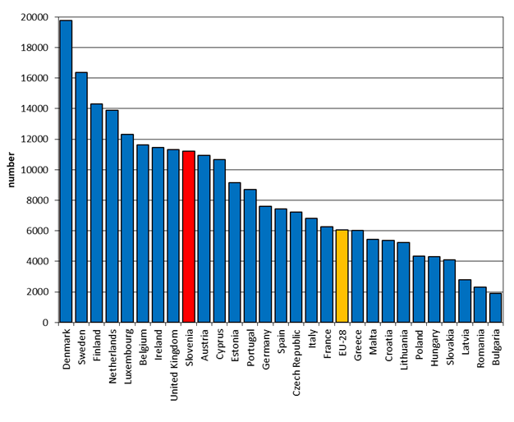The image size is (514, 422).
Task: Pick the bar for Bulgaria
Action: [495, 308]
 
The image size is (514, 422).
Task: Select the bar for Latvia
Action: [465, 300]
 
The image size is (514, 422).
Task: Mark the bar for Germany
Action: [265, 264]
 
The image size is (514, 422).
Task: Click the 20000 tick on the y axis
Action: [32, 17]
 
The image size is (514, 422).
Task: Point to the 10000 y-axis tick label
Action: [32, 170]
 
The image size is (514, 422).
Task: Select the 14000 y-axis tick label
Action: [32, 108]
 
